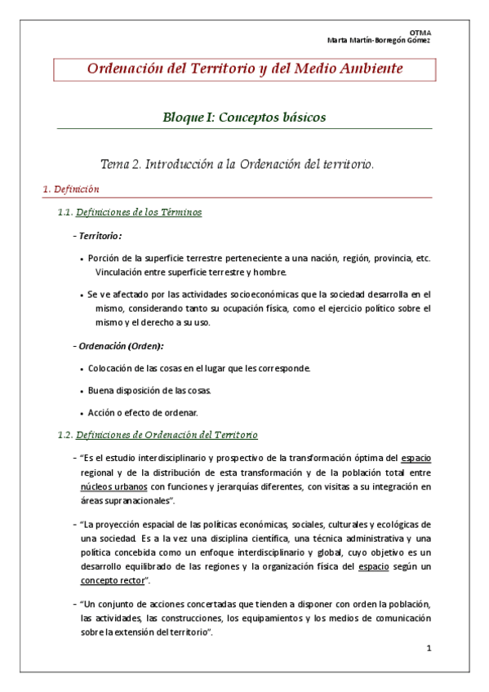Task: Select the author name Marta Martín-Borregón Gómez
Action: coord(379,40)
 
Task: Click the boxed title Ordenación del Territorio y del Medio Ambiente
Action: coord(245,69)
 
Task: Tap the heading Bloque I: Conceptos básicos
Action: coord(245,118)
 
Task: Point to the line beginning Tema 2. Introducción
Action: coord(237,164)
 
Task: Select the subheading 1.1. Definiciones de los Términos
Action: coord(131,213)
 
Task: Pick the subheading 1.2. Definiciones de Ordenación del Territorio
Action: coord(159,435)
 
